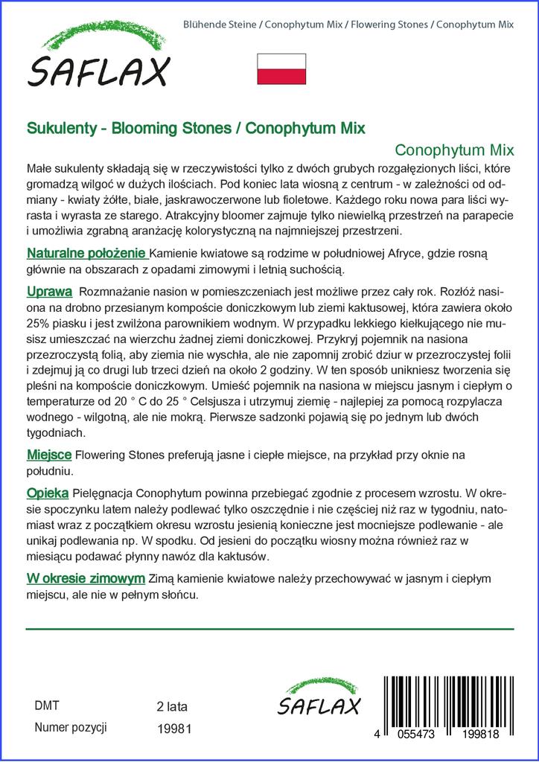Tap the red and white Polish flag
coord(281,68)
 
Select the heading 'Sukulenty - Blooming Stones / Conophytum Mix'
coord(196,127)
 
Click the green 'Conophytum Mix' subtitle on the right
coord(454,148)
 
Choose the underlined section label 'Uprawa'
coord(49,290)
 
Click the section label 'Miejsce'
coord(49,454)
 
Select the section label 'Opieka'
coord(48,493)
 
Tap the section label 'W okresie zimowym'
coord(86,577)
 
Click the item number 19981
coord(175,729)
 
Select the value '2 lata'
coord(172,706)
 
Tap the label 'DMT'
coord(47,705)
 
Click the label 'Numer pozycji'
coord(71,728)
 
